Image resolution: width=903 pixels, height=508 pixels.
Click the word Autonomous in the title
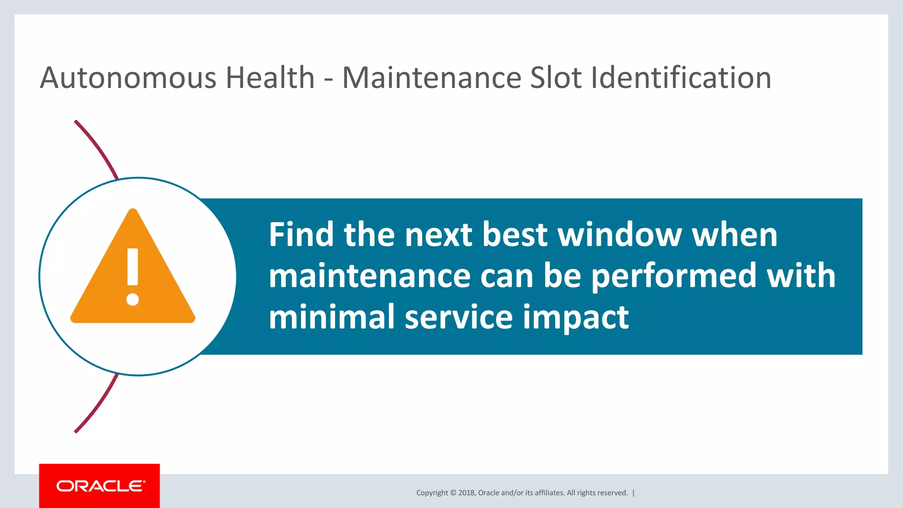pos(128,78)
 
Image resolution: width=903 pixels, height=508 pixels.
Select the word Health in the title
pos(270,78)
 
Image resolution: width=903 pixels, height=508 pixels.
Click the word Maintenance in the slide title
pos(432,78)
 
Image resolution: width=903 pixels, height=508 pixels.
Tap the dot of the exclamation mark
pos(133,299)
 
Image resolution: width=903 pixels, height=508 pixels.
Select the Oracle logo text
pos(101,486)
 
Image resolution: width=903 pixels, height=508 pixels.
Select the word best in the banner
pos(515,235)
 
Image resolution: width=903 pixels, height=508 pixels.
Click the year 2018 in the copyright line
pos(466,493)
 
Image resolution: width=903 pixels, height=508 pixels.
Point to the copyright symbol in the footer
pos(453,493)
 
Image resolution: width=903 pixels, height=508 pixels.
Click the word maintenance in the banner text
pos(370,276)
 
